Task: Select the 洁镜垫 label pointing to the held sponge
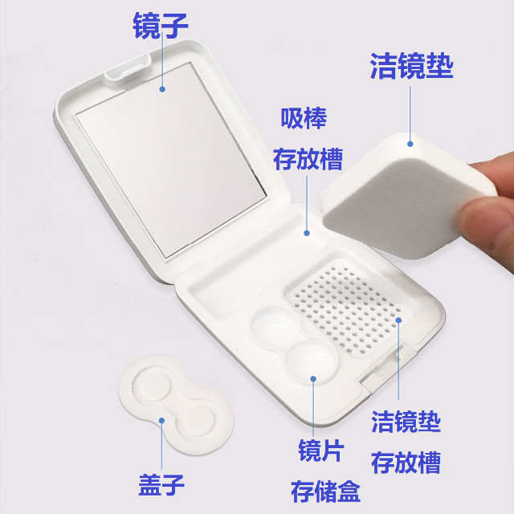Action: (411, 66)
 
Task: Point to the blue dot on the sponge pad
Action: (410, 145)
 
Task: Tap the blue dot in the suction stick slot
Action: (306, 234)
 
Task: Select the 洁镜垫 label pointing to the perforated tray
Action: (406, 422)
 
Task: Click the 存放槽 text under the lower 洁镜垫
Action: (406, 462)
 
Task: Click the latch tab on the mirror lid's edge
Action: (120, 75)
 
